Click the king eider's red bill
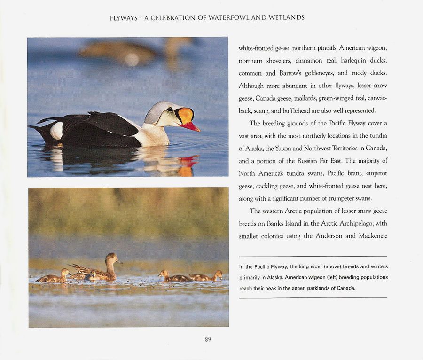click(x=190, y=126)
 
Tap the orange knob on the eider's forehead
click(x=186, y=115)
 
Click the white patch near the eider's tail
click(x=56, y=131)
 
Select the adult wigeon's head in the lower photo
click(x=112, y=258)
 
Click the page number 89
click(x=208, y=339)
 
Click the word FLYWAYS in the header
click(x=124, y=18)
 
